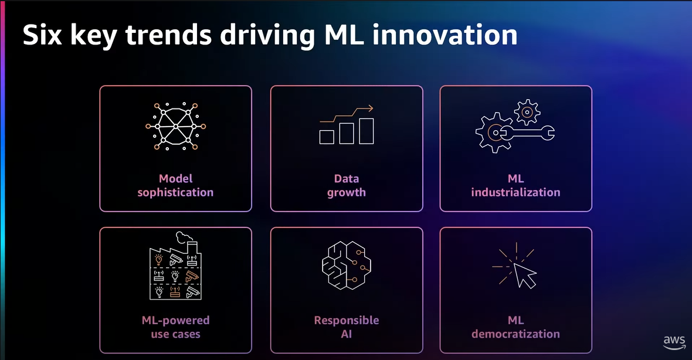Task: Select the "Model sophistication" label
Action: click(x=175, y=185)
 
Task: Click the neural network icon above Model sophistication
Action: click(x=175, y=126)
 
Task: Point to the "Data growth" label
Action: click(x=346, y=185)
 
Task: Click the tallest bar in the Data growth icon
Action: click(x=367, y=131)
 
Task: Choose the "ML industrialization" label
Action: click(x=515, y=185)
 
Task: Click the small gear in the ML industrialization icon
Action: click(x=526, y=110)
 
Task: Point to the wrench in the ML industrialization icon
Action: click(x=531, y=133)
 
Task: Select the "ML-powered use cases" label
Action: click(x=175, y=327)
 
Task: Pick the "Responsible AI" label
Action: click(x=346, y=327)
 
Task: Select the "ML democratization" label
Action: click(x=515, y=327)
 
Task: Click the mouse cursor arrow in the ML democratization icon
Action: click(x=524, y=274)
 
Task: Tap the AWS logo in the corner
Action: click(x=674, y=341)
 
